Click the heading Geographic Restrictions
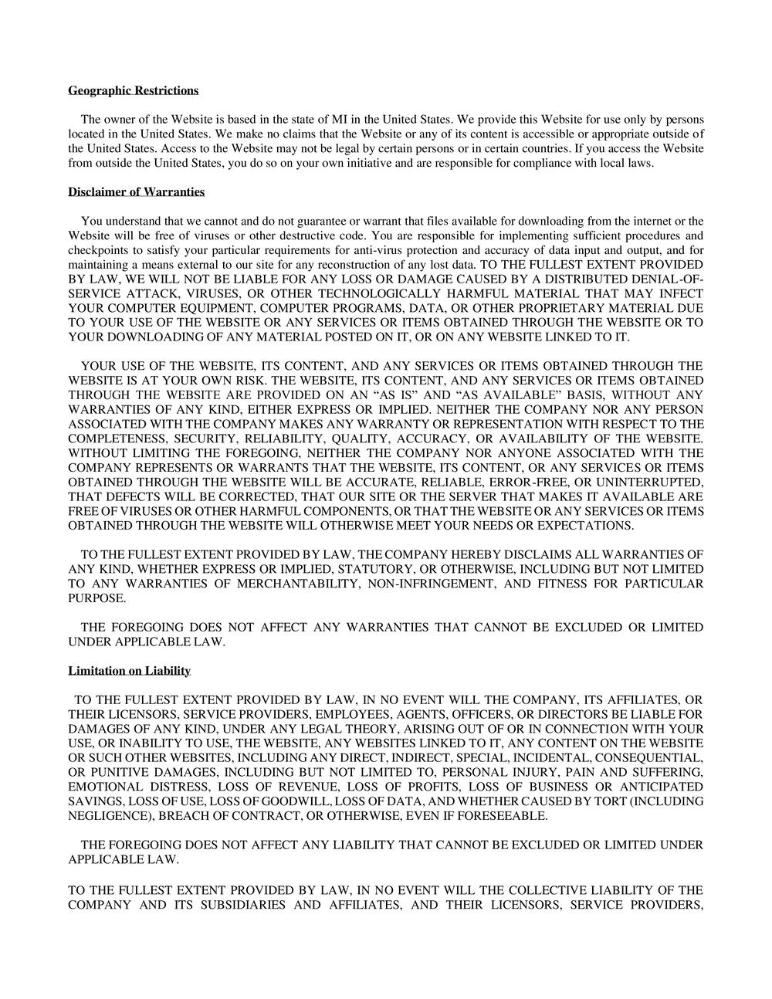point(133,91)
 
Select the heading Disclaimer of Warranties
point(136,192)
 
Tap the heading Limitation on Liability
point(129,671)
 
